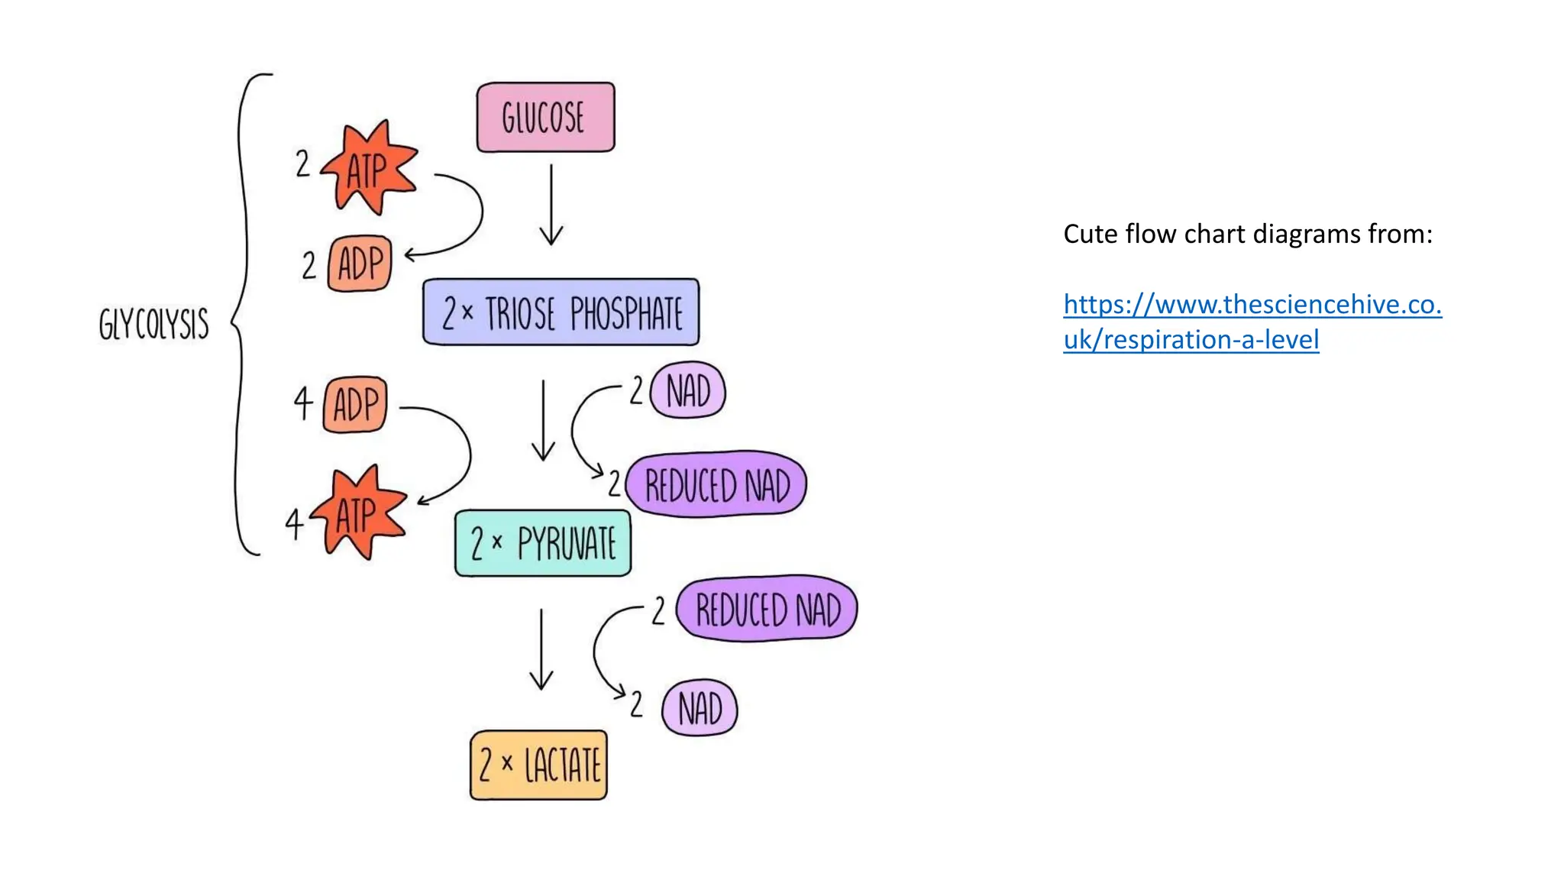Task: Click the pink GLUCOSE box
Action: point(545,117)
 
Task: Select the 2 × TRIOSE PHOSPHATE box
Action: point(561,312)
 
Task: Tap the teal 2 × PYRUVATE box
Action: point(543,543)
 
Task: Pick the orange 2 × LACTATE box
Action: point(539,765)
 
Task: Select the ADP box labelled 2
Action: point(360,264)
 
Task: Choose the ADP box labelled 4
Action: point(356,404)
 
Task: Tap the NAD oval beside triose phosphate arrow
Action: point(688,391)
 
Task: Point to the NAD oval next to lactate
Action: point(700,708)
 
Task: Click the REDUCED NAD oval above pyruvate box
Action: point(716,484)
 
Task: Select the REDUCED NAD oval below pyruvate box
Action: point(767,609)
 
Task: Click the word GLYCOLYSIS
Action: point(153,324)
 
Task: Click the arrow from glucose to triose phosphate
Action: point(551,205)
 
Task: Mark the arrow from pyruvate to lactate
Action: point(541,649)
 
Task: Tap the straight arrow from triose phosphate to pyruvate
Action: point(543,420)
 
